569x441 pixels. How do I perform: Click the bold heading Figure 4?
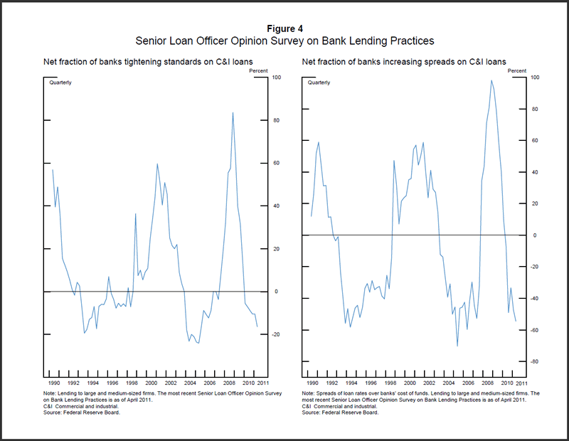[284, 28]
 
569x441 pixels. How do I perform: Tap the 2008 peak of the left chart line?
[233, 112]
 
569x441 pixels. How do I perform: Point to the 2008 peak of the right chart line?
[491, 80]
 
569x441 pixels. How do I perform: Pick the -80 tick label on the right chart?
[535, 362]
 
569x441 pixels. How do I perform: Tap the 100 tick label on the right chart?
[536, 77]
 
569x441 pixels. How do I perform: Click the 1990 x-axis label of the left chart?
[52, 383]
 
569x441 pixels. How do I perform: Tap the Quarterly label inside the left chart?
[60, 83]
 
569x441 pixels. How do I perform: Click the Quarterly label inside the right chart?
[319, 83]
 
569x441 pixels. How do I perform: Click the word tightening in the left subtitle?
[123, 62]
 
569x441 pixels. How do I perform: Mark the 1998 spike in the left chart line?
[135, 213]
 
